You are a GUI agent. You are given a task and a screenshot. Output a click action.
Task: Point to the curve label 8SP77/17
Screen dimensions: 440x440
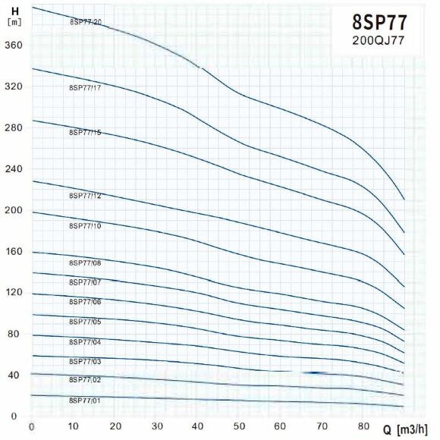click(84, 88)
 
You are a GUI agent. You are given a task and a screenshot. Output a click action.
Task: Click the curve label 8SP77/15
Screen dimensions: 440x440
click(84, 133)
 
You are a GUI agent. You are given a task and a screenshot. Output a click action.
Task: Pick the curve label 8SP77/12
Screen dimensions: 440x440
click(84, 196)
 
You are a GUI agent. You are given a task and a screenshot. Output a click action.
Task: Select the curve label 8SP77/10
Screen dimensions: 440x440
click(84, 226)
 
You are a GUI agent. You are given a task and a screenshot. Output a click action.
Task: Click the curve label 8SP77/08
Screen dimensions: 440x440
click(84, 262)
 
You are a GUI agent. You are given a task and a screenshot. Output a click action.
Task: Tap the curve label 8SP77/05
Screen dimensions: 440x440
click(84, 322)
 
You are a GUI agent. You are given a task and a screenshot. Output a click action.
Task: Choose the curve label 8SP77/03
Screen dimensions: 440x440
click(84, 361)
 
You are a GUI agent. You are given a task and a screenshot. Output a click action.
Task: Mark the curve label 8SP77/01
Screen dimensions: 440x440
click(84, 400)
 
